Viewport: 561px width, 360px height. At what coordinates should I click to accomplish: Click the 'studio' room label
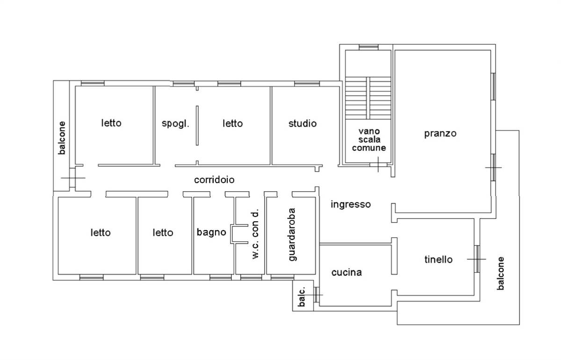302,123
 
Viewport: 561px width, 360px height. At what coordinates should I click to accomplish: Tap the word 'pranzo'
440,134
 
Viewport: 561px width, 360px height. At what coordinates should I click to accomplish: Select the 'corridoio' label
215,180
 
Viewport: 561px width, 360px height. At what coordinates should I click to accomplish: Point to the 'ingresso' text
351,204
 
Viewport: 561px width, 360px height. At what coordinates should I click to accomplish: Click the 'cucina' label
346,272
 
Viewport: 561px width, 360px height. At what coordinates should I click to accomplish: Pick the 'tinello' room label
439,259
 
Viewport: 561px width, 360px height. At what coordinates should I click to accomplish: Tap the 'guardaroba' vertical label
292,235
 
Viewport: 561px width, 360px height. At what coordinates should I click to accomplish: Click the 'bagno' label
211,232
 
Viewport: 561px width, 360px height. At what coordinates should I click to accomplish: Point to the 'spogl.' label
175,123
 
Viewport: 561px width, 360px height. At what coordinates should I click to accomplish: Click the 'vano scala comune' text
369,139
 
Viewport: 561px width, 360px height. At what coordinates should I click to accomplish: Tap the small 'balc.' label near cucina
302,296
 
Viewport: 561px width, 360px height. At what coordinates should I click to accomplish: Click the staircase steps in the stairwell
368,98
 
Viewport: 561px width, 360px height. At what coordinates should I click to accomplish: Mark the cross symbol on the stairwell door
378,165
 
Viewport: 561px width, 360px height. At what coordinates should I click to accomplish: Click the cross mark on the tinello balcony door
477,259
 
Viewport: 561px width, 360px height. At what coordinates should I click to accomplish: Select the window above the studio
307,83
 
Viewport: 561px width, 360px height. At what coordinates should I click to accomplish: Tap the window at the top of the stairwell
368,47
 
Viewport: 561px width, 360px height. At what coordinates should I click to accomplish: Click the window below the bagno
220,277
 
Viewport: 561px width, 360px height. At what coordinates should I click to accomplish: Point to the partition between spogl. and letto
197,125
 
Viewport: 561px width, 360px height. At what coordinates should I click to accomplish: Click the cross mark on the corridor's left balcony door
73,178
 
